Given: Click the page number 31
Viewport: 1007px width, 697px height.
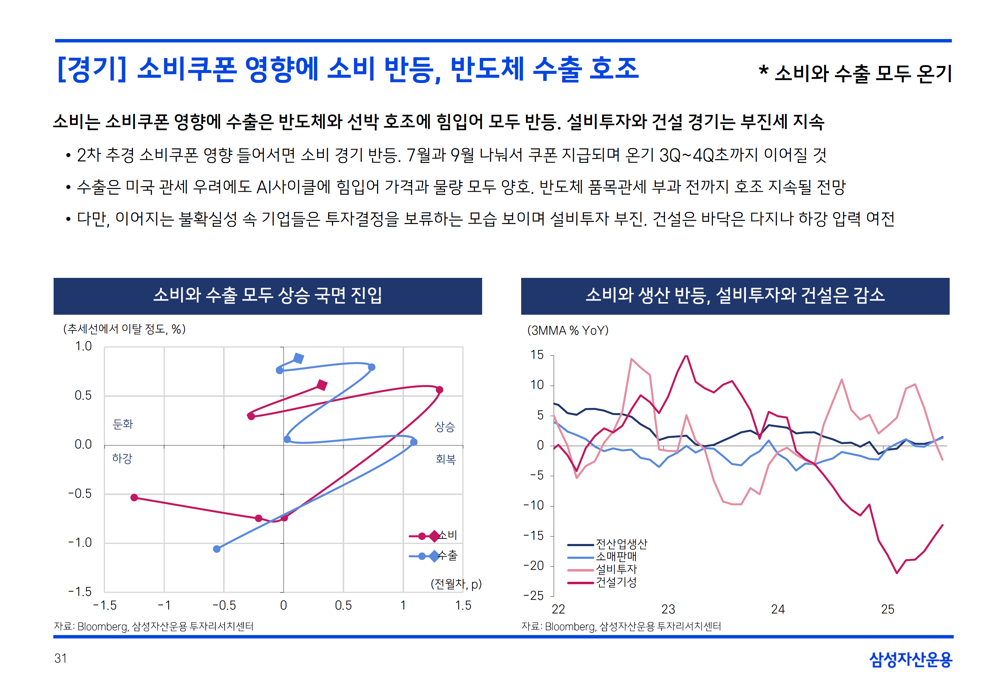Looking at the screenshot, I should (61, 658).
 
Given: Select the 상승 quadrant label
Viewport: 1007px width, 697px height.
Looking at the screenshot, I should (445, 427).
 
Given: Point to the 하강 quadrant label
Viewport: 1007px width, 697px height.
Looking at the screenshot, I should (122, 458).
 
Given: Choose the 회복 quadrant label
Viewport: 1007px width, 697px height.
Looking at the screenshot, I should (446, 459).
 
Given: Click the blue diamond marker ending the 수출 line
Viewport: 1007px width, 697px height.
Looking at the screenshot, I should (299, 358).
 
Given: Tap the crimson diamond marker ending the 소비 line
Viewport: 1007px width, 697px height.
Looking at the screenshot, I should (322, 385).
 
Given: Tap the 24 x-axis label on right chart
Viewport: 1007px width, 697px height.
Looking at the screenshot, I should (778, 609).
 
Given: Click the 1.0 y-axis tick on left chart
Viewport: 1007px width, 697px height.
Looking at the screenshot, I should (83, 346).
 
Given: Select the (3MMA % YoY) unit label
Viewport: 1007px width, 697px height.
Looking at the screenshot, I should (568, 331).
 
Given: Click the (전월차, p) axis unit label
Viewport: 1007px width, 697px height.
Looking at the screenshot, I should (456, 584).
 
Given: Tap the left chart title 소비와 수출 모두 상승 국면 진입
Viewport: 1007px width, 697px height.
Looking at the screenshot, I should (268, 296).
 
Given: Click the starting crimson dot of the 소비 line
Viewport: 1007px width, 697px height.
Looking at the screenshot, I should (134, 498).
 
